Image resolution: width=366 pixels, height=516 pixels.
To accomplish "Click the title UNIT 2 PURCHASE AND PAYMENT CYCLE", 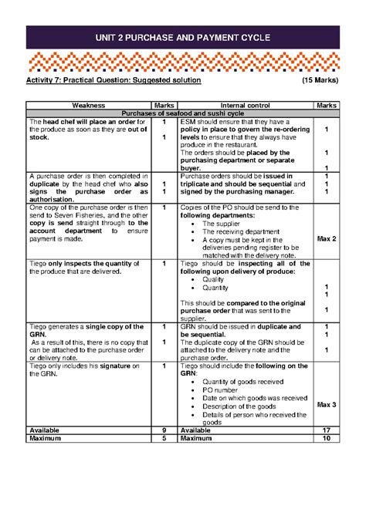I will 183,38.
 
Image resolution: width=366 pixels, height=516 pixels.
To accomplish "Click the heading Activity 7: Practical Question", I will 114,80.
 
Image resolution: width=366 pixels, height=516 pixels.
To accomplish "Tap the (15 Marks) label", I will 318,80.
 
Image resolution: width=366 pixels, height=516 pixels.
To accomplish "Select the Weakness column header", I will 88,105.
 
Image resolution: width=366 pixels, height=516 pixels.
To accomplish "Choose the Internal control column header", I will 245,105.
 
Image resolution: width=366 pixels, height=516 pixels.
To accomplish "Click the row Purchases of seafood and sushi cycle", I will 183,113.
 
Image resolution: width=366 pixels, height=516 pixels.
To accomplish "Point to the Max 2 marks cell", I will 327,239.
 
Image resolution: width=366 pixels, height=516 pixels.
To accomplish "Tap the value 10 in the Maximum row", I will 327,439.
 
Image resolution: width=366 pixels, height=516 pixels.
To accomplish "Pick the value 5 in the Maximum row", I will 164,439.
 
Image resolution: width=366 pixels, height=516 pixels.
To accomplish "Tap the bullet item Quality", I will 215,279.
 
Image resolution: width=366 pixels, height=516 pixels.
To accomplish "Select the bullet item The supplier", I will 223,223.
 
